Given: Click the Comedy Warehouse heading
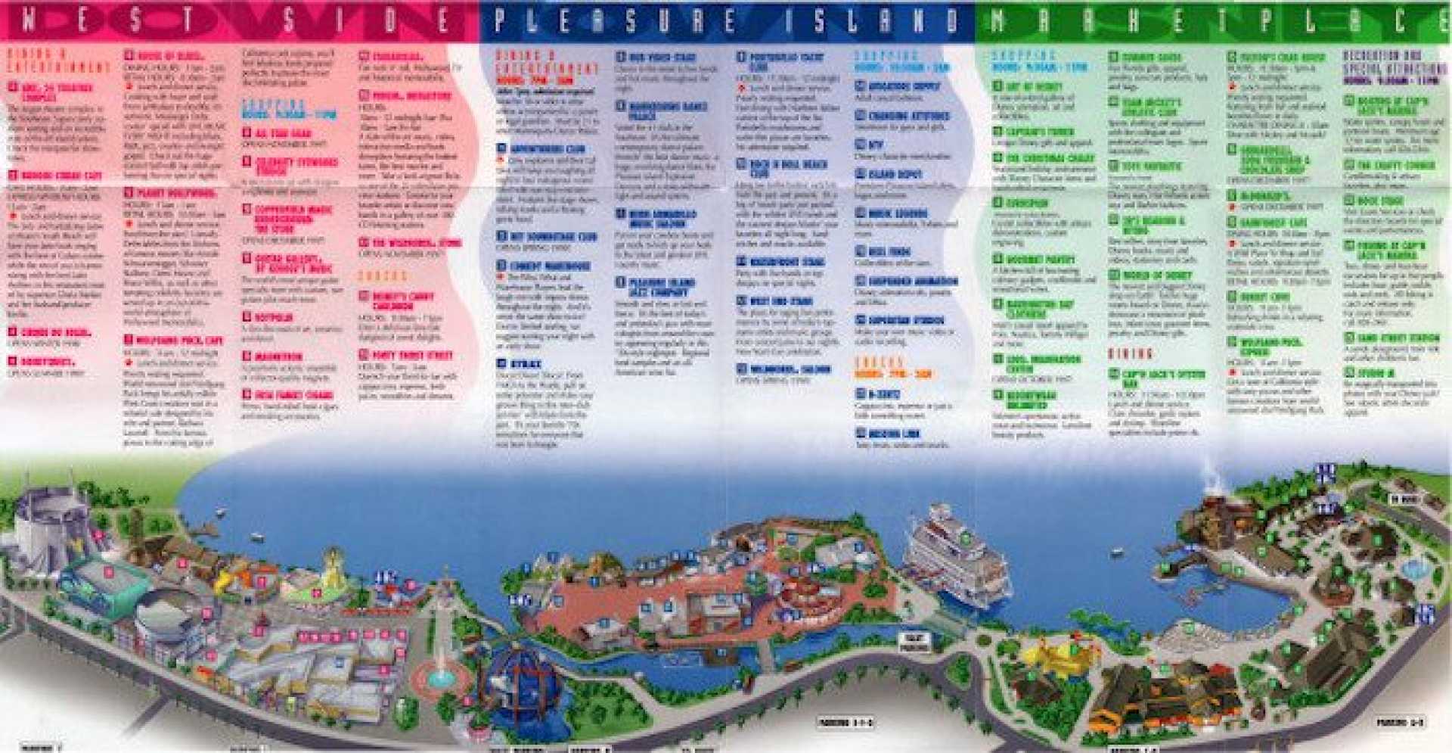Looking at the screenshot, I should coord(549,266).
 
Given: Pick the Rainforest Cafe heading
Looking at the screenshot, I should coord(1274,222).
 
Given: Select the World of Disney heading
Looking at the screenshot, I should coord(1156,275).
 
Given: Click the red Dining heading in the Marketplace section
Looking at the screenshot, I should coord(1131,353).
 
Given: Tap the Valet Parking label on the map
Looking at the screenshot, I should coord(914,643).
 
